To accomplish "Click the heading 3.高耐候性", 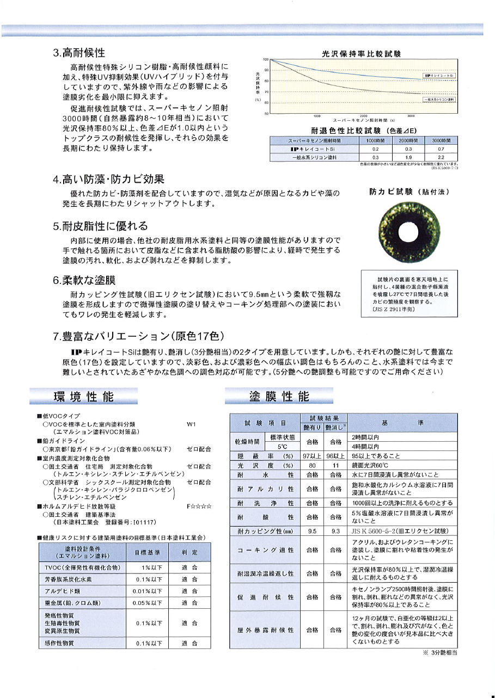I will (x=78, y=53).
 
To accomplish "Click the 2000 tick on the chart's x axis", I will (x=364, y=116).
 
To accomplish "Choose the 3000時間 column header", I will (x=441, y=140).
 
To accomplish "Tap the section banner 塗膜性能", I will (x=279, y=396).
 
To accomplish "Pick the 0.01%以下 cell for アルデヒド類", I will (x=148, y=590).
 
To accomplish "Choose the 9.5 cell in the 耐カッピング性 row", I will (x=312, y=530).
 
